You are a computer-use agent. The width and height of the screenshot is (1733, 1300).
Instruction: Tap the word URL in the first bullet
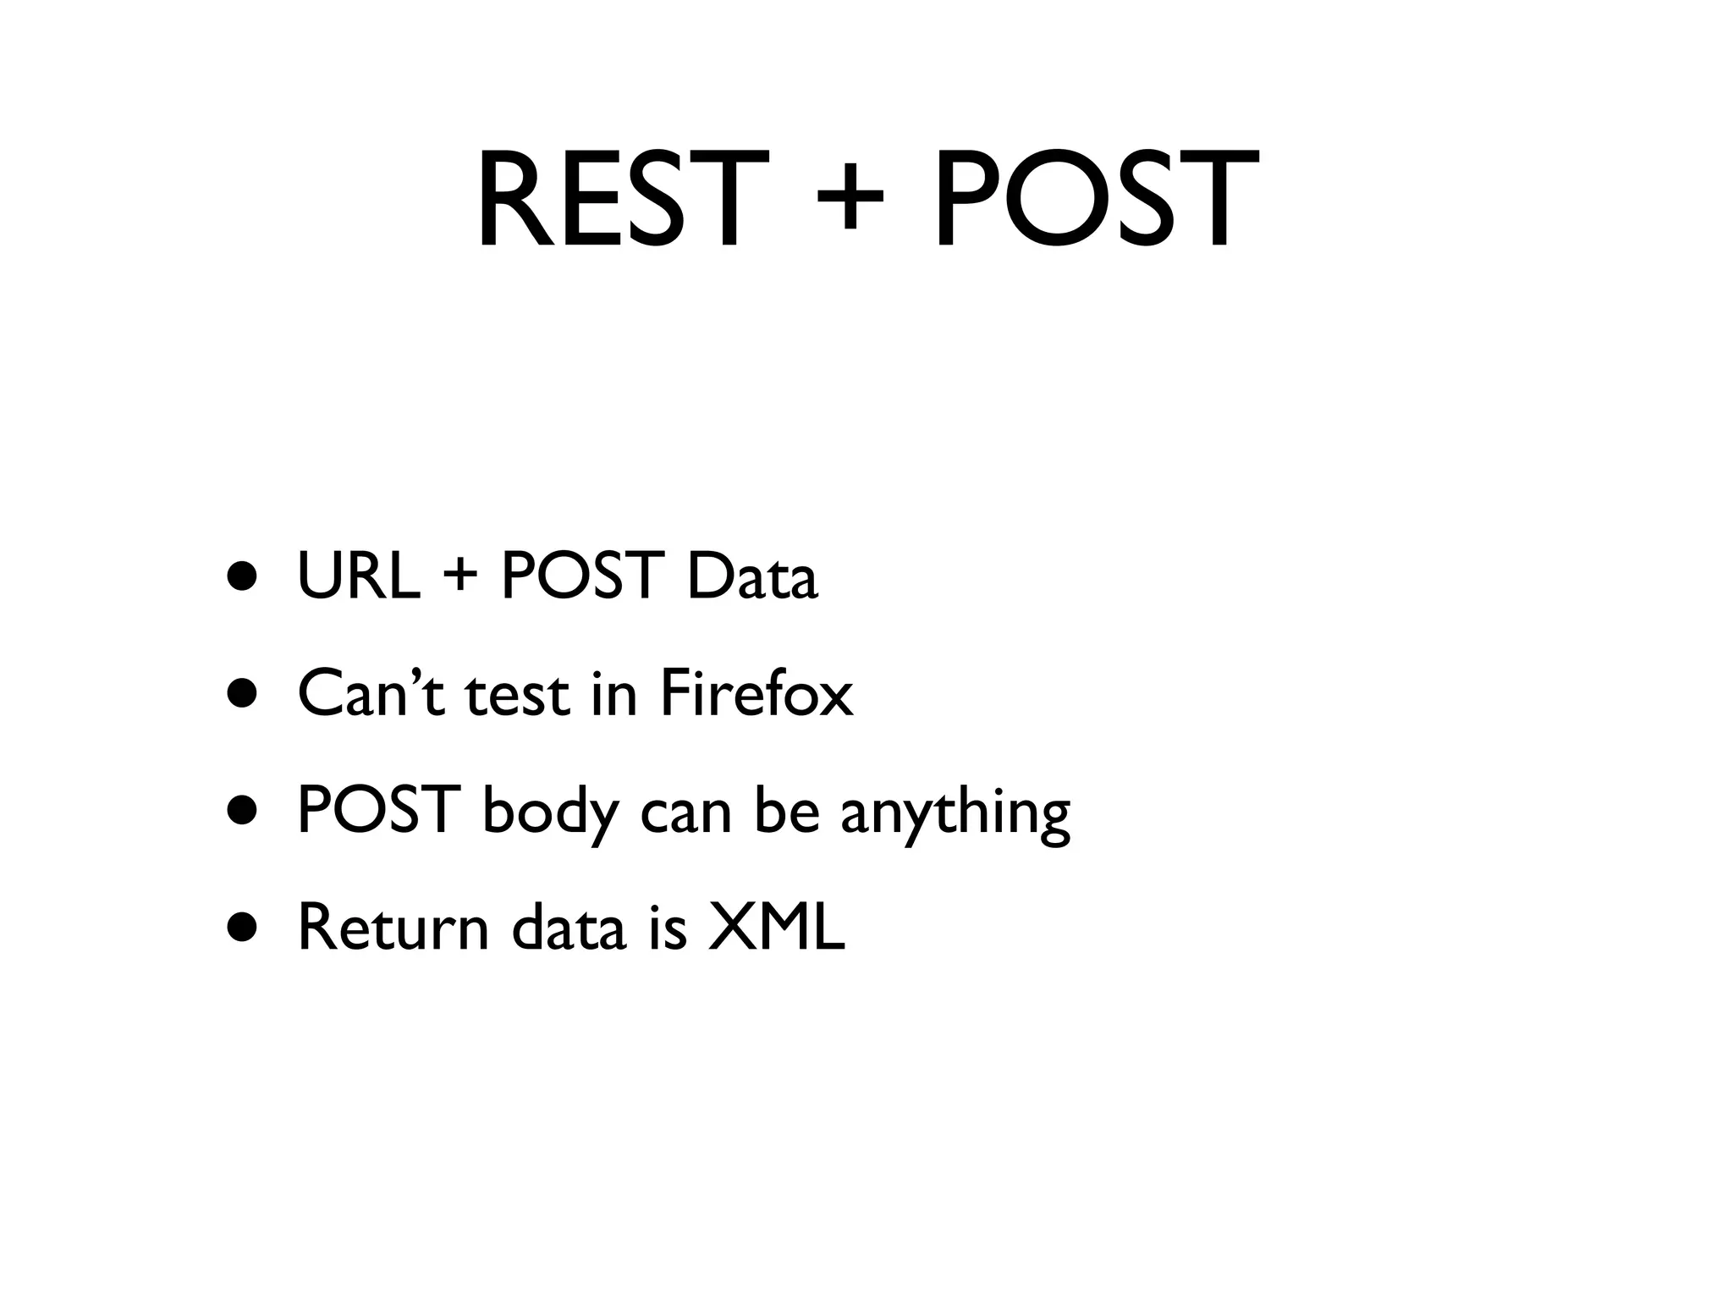[x=359, y=576]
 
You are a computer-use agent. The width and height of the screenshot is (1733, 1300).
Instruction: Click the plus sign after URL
[x=460, y=578]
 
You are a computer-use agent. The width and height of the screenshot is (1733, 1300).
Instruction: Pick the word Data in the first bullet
[x=752, y=576]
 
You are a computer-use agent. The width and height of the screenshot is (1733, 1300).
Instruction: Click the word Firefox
[x=756, y=694]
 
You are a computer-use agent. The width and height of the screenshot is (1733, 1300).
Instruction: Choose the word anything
[x=955, y=812]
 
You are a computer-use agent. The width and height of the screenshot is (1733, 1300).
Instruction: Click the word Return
[x=393, y=928]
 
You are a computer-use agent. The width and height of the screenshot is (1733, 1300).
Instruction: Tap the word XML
[x=776, y=928]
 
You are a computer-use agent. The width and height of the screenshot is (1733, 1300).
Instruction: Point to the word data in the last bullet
[x=569, y=928]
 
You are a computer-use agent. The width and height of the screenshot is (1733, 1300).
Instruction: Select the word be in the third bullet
[x=787, y=811]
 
